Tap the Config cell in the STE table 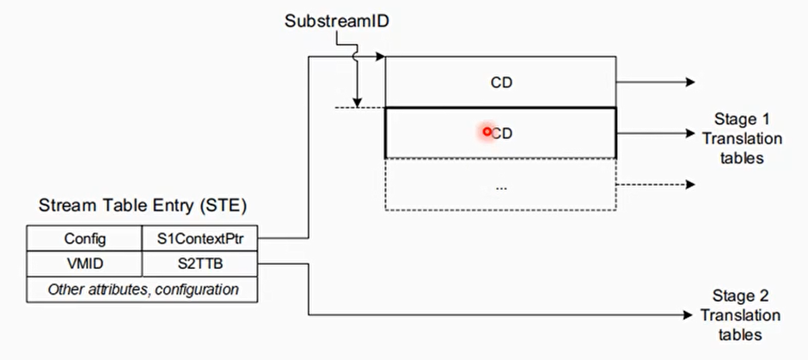84,238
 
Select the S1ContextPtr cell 200,238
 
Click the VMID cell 84,264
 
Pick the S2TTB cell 200,264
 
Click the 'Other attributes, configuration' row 143,290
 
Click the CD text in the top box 501,82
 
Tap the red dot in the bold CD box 487,131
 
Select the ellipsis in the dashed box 501,186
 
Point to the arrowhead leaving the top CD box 689,82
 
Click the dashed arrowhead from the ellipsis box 689,185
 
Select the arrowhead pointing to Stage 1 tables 689,133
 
